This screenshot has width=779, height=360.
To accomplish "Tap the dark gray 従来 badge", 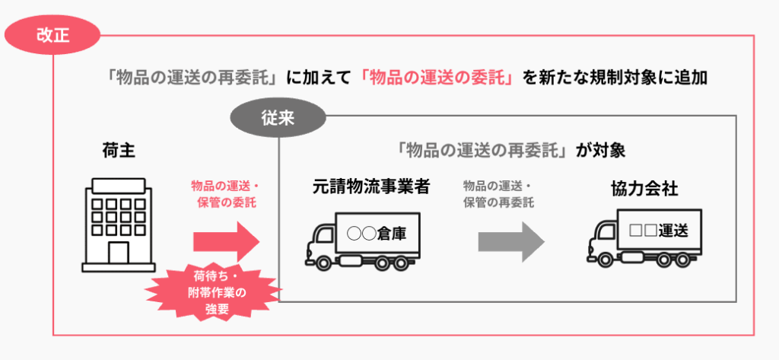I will tap(278, 119).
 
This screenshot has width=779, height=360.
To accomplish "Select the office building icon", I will tap(113, 224).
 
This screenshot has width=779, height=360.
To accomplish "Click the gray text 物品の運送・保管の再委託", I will tap(498, 194).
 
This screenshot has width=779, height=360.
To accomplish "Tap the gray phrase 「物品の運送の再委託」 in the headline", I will tap(193, 78).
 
